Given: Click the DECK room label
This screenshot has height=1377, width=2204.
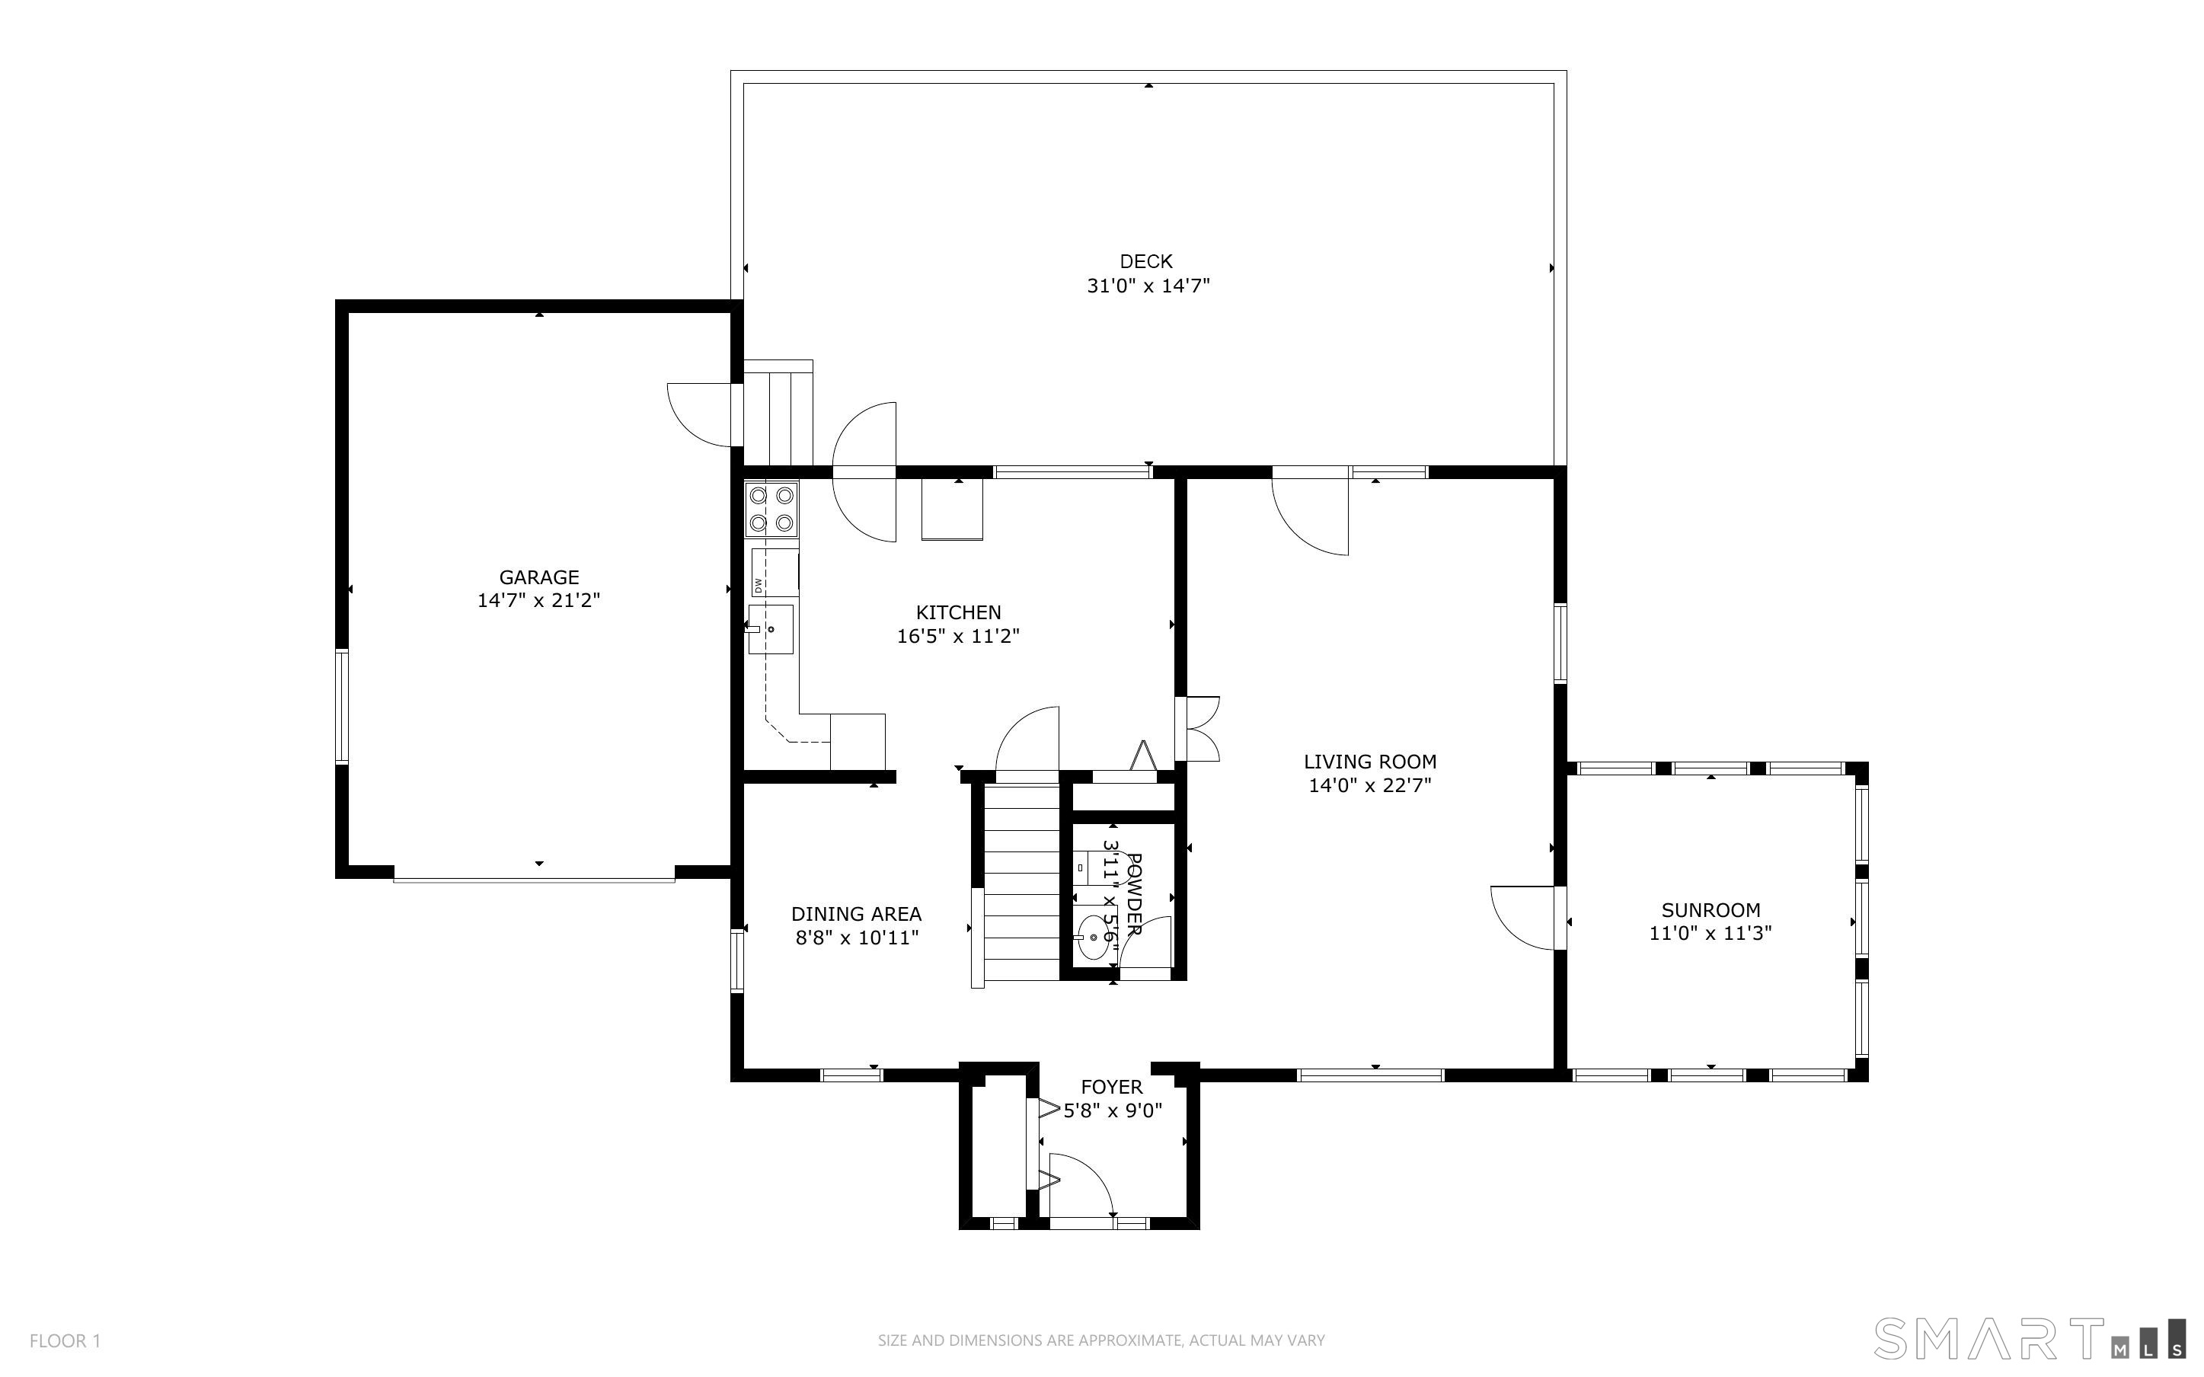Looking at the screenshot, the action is click(x=1146, y=261).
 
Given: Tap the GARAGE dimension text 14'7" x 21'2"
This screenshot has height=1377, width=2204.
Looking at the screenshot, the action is click(x=539, y=601).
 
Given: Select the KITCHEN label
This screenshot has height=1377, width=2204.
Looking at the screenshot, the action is click(x=958, y=612).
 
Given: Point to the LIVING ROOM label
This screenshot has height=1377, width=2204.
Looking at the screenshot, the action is click(x=1370, y=762).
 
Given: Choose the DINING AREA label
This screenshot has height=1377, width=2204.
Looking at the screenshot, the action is click(x=856, y=913).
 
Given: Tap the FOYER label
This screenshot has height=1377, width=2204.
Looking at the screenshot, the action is click(x=1112, y=1087).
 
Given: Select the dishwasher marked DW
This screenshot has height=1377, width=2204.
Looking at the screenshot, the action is click(x=775, y=572).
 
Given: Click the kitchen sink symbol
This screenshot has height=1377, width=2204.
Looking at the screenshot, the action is click(x=771, y=629).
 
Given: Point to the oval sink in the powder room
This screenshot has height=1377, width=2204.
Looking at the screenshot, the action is click(x=1094, y=938).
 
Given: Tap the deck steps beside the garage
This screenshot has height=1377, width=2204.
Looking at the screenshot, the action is click(x=778, y=414).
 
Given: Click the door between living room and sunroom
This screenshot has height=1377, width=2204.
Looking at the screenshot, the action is click(x=1525, y=918).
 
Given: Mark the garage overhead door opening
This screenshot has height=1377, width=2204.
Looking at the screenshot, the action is click(x=535, y=879).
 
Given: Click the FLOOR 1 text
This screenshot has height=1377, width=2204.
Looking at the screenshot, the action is click(x=65, y=1340).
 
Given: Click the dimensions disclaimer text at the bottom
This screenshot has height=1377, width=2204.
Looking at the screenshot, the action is click(x=1101, y=1340).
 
